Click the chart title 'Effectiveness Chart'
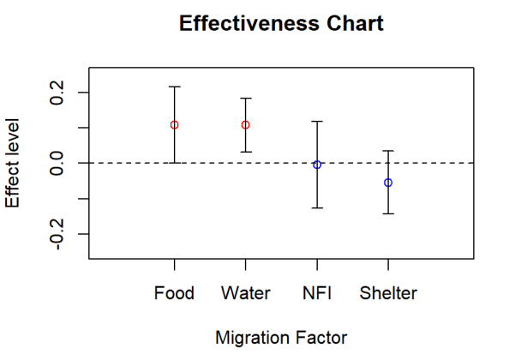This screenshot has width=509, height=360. pos(281,24)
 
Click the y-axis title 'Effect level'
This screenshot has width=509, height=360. pos(13,163)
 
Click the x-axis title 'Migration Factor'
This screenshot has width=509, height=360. pos(281,337)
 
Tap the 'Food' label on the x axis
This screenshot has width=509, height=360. pos(174,293)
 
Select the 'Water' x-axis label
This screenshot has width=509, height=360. pos(245,293)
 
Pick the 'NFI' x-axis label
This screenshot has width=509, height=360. pos(317,293)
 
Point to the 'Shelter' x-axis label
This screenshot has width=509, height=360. pos(388,293)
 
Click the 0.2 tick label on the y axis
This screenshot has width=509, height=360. pos(57,92)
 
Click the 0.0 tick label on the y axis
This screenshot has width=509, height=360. pos(57,163)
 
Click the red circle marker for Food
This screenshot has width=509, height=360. pos(174,125)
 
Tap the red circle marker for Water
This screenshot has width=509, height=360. pos(245,125)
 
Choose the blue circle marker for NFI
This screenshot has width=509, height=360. pos(317,165)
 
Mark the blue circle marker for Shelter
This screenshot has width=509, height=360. pos(388,183)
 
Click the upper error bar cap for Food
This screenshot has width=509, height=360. pos(174,87)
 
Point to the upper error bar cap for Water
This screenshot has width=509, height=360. pos(245,99)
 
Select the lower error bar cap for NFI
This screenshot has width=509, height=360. pos(317,207)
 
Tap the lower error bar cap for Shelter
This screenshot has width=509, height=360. pos(388,213)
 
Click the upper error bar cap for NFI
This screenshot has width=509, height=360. pos(317,122)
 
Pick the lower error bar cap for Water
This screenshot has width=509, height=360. pos(245,152)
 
